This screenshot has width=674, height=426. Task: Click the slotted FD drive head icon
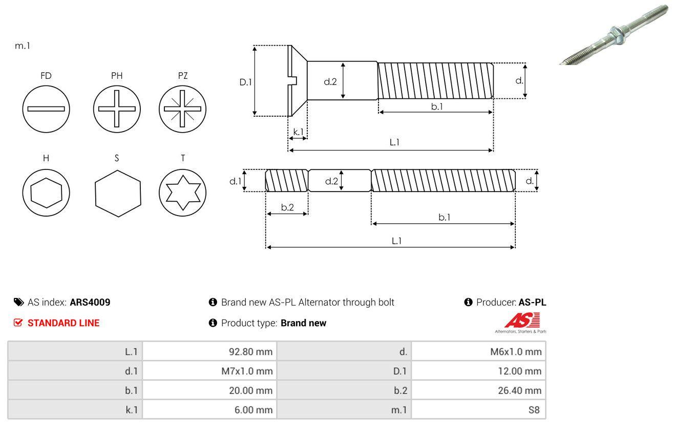[46, 109]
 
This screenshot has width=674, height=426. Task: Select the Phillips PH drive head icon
[117, 109]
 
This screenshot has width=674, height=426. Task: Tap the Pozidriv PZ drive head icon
[182, 109]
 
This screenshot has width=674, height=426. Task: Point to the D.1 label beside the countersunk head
[246, 81]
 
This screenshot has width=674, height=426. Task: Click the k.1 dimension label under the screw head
[298, 132]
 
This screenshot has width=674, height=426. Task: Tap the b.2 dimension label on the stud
[287, 207]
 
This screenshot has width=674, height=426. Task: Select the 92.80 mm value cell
[250, 351]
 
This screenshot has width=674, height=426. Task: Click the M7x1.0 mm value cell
[247, 371]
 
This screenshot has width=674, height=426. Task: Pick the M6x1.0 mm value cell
[515, 351]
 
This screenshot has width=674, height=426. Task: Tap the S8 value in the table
[534, 410]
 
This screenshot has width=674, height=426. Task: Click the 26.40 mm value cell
[519, 390]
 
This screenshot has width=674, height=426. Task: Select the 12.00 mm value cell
[519, 371]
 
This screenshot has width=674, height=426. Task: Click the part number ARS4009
[90, 302]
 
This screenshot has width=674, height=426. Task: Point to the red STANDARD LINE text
[63, 323]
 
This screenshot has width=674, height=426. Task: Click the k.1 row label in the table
[132, 410]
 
